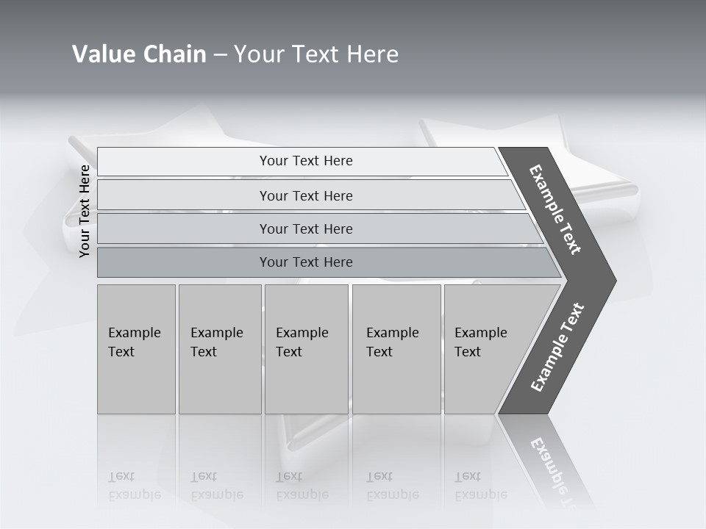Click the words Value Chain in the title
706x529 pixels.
[x=139, y=54]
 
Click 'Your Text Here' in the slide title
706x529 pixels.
[x=316, y=54]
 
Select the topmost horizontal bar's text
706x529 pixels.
[x=306, y=161]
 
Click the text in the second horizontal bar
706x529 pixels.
[x=306, y=196]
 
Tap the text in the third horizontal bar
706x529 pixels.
[x=306, y=229]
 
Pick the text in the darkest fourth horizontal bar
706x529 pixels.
[x=306, y=262]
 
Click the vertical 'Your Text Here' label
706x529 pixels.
[x=85, y=211]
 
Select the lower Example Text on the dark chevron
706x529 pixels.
[x=557, y=348]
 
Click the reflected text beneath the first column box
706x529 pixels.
[x=135, y=486]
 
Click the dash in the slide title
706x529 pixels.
[x=220, y=54]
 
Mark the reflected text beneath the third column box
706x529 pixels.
[x=302, y=486]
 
